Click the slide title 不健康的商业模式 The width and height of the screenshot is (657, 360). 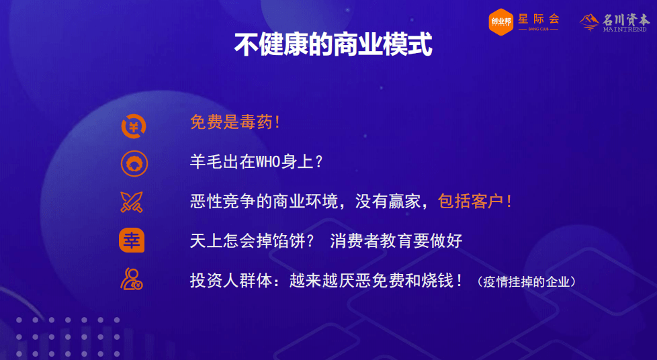tap(333, 44)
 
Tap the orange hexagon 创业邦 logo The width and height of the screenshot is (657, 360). tap(500, 21)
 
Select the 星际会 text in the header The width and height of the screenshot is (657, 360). tap(539, 19)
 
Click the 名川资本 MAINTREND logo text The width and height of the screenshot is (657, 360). tap(625, 23)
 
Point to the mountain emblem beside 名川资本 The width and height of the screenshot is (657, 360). tap(589, 22)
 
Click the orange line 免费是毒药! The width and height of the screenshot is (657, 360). tap(235, 122)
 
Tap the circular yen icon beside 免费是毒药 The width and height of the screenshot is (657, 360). tap(134, 126)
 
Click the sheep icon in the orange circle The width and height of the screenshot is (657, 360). tap(134, 163)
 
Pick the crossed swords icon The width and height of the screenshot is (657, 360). tap(132, 202)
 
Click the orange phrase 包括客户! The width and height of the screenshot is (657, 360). tap(475, 201)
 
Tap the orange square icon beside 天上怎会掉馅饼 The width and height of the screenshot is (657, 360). tap(132, 240)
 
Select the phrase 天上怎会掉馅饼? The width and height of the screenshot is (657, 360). tap(252, 241)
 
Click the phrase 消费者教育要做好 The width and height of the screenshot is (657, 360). tap(396, 241)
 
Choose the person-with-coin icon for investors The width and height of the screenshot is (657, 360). tap(132, 279)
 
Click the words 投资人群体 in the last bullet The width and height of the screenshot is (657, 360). tap(231, 280)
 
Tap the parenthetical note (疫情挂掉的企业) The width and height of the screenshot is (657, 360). tap(527, 281)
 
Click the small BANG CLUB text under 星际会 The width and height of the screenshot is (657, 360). tap(538, 30)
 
